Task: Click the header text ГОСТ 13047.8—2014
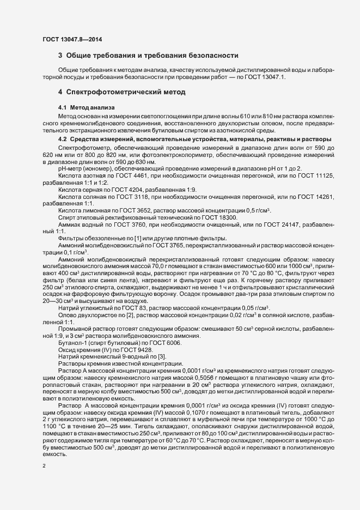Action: [72, 39]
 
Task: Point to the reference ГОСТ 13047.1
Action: [272, 78]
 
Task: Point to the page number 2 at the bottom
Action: [44, 466]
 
